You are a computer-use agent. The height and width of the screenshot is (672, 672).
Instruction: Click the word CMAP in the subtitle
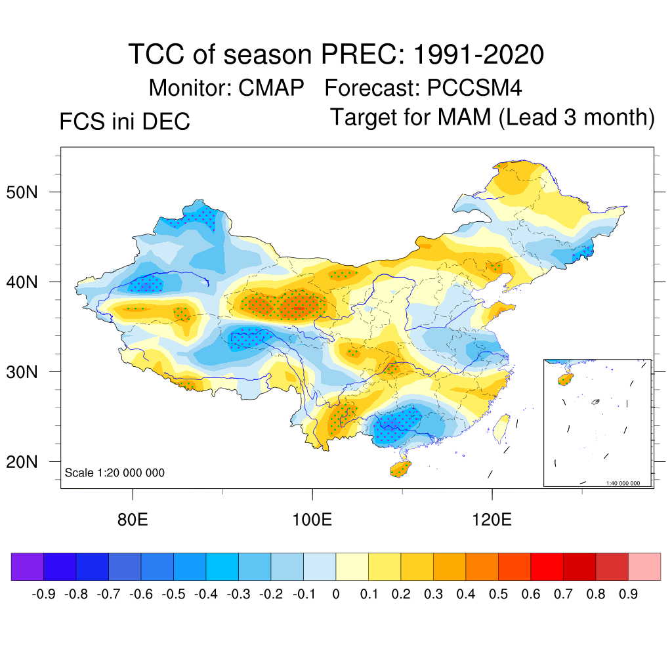pyautogui.click(x=271, y=87)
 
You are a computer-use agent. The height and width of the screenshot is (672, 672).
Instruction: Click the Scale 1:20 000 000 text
pyautogui.click(x=115, y=472)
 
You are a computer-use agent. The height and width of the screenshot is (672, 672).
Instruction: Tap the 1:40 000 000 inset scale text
pyautogui.click(x=627, y=483)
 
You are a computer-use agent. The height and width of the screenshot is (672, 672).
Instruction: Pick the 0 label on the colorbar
pyautogui.click(x=336, y=595)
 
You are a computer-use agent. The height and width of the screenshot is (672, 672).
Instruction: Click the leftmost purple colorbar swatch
pyautogui.click(x=28, y=566)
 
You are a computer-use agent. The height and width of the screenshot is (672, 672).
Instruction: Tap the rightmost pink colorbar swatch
pyautogui.click(x=644, y=566)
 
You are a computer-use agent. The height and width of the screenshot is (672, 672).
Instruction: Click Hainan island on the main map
pyautogui.click(x=400, y=469)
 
